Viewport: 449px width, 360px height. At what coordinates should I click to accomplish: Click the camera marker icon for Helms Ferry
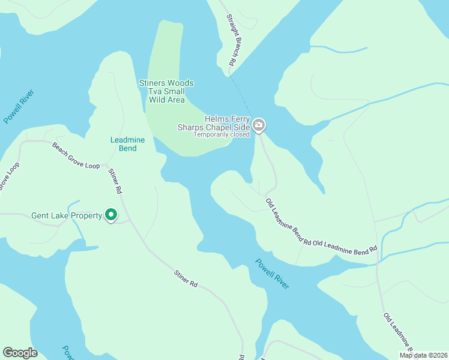point(259,125)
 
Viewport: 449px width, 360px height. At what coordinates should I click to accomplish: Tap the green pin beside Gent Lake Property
point(111,215)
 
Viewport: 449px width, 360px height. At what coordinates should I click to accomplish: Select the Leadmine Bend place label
point(128,144)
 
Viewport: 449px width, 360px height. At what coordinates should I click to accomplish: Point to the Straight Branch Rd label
point(228,40)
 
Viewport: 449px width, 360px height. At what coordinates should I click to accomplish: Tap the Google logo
point(20,353)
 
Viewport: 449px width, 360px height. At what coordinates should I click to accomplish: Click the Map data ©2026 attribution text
point(423,355)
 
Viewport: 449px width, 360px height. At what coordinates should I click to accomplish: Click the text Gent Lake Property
point(67,215)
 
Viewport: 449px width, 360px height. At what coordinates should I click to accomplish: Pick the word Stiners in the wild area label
point(152,83)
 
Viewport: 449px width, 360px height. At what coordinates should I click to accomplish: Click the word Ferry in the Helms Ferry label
point(239,119)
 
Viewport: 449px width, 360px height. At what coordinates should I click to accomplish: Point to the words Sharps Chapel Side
point(214,127)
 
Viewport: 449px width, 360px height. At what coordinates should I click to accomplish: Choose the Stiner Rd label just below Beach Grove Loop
point(115,181)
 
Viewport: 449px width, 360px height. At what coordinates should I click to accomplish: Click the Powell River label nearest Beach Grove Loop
point(19,106)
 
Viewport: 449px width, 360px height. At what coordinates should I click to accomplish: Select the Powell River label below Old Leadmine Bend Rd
point(272,274)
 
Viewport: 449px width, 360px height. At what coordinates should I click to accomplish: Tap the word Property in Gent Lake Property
point(86,215)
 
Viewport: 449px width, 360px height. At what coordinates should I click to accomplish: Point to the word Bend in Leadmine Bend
point(128,148)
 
